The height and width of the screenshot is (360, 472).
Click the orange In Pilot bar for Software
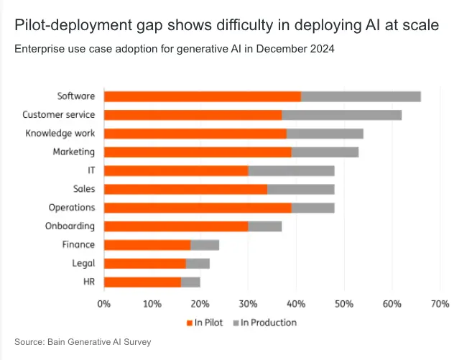[x=203, y=96]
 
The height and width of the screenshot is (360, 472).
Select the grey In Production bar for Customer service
[x=341, y=115]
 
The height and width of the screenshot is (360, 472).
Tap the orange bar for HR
[x=142, y=282]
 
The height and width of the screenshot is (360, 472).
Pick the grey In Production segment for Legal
[x=198, y=263]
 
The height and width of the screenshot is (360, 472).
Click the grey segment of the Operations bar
[x=313, y=208]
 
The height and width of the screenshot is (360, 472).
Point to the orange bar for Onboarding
[x=176, y=226]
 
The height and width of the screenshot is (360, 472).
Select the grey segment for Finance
[x=204, y=245]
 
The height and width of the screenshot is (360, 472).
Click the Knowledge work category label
[x=60, y=134]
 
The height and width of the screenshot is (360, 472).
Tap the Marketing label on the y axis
[x=73, y=152]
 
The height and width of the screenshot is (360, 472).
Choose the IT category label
[x=91, y=170]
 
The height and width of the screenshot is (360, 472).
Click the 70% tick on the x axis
[x=440, y=304]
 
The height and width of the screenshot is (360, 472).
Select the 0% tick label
[x=104, y=304]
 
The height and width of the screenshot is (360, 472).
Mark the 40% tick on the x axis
[x=296, y=304]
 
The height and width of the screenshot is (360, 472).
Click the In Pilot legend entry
[x=208, y=323]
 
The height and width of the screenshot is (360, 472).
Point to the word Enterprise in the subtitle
[x=37, y=50]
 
